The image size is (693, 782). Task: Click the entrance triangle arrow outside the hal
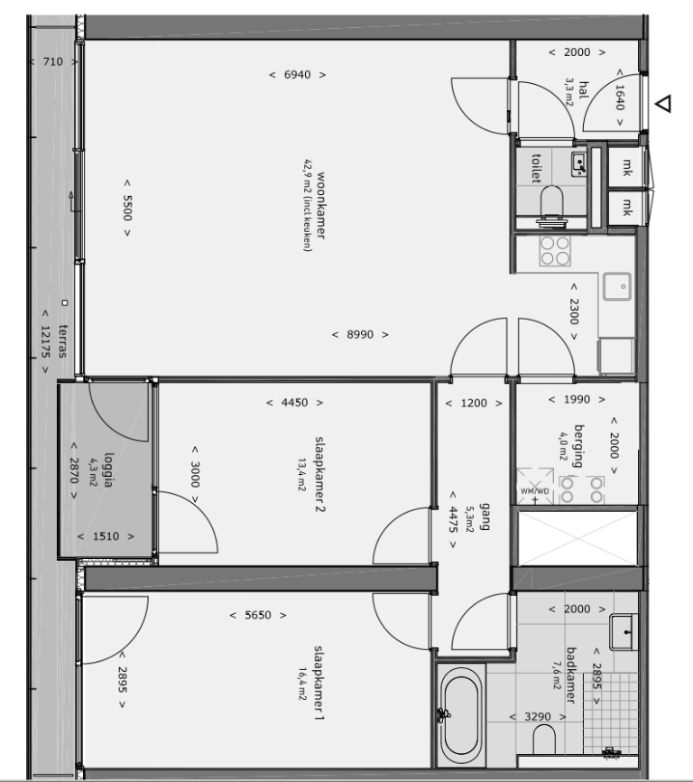point(664,104)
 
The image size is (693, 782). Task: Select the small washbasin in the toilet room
point(578,163)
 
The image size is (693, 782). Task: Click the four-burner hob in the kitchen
point(553,250)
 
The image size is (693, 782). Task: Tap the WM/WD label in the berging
point(534,490)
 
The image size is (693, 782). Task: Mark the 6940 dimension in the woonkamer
point(298,74)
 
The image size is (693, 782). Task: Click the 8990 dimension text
point(360,334)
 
